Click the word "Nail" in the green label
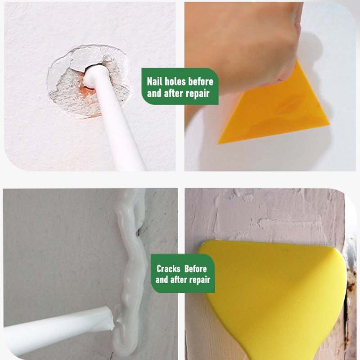[155, 82]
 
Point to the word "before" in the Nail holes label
[201, 82]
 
